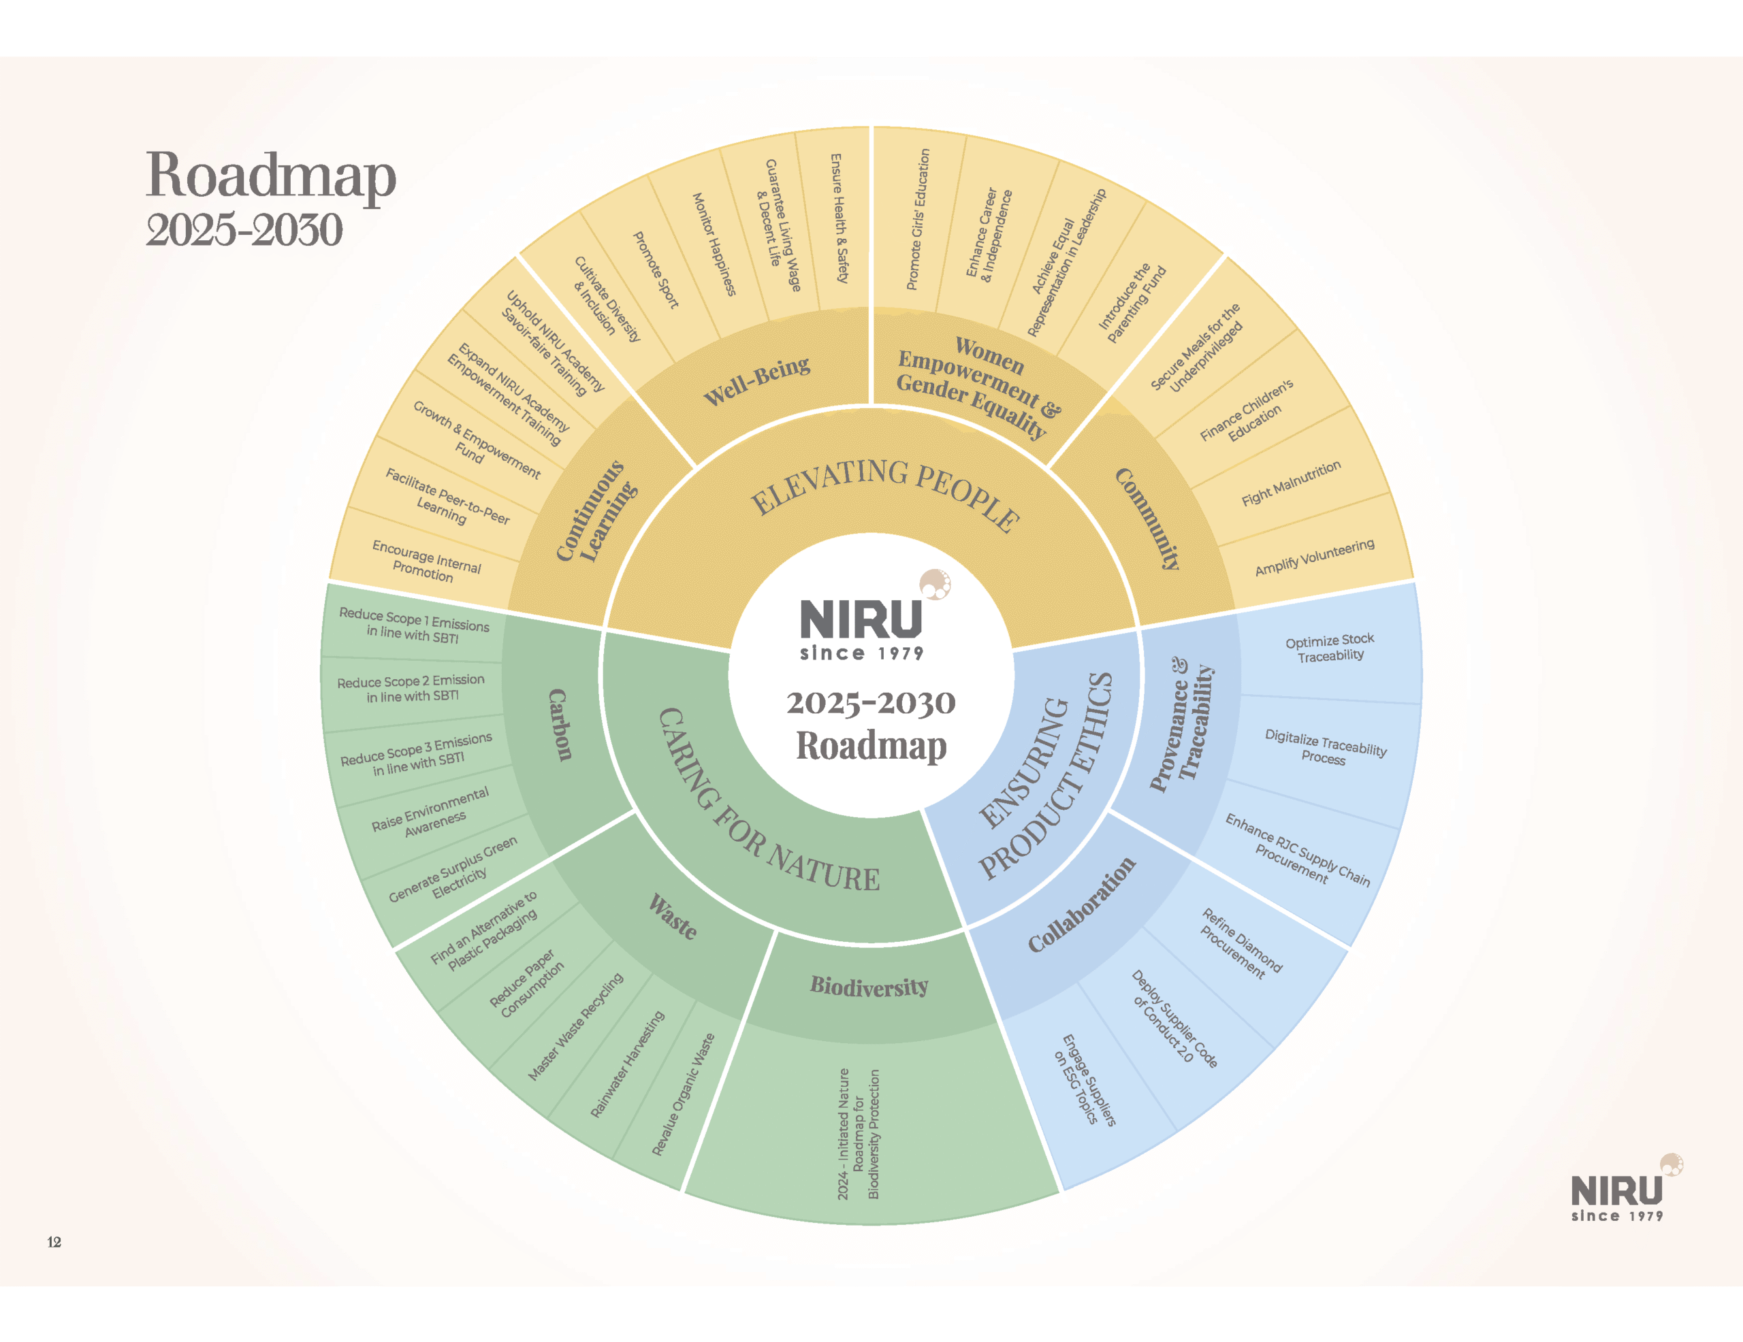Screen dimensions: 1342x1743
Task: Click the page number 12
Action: click(x=54, y=1241)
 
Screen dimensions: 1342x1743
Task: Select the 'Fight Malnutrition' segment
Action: click(x=1290, y=483)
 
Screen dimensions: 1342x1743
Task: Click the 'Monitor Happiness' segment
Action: click(x=713, y=244)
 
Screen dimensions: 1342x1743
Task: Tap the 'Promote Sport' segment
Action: click(x=655, y=269)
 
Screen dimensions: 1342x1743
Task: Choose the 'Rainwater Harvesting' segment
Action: click(x=627, y=1064)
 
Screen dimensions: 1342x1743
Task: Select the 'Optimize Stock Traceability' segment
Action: click(x=1330, y=648)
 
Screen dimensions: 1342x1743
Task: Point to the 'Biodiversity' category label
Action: click(x=869, y=987)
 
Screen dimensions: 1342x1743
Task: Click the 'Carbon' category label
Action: click(x=560, y=725)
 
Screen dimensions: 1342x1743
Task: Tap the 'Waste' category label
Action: click(x=673, y=917)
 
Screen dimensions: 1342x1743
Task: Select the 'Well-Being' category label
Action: click(x=756, y=380)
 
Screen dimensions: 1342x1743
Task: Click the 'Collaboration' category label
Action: click(x=1081, y=905)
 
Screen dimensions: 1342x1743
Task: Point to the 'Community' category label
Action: click(x=1147, y=518)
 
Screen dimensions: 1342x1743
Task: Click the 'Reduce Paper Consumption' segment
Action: click(x=527, y=983)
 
